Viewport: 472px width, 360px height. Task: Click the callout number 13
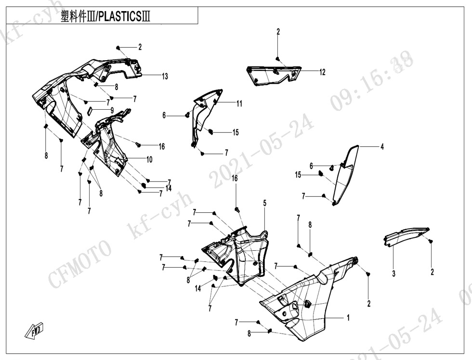click(165, 77)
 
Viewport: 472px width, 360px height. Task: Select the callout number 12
click(322, 72)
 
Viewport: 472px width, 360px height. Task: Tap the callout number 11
click(239, 103)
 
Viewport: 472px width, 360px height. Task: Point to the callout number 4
click(382, 147)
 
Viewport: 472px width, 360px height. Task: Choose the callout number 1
click(348, 318)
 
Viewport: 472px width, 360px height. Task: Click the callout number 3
click(393, 273)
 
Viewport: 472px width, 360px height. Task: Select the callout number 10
click(149, 159)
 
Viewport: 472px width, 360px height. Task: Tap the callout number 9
click(112, 110)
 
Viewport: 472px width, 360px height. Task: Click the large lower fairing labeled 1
click(308, 298)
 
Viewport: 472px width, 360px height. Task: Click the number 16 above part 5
click(235, 179)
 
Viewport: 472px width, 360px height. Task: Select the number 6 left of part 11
click(164, 116)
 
